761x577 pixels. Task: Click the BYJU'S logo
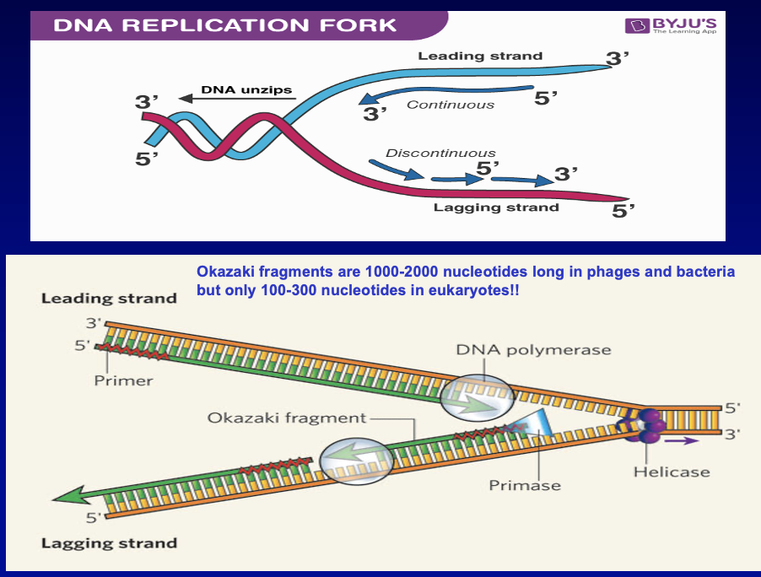[671, 25]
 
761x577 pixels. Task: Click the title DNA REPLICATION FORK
[224, 24]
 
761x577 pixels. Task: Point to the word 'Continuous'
[451, 105]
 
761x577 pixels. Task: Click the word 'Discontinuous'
[440, 153]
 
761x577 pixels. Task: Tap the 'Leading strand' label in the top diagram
[480, 57]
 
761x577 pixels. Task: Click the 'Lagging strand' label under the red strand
[496, 207]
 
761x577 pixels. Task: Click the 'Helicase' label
[672, 472]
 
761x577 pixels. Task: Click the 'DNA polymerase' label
[533, 349]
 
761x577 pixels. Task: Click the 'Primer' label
[123, 380]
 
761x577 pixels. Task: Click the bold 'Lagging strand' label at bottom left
[109, 543]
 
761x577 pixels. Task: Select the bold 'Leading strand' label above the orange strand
[109, 298]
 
